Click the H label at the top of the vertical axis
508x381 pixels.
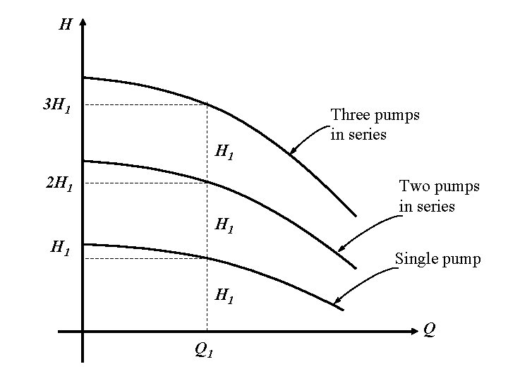coord(65,25)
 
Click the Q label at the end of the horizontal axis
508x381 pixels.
coord(428,328)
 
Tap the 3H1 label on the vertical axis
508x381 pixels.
coord(56,107)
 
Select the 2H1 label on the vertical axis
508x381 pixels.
coord(57,186)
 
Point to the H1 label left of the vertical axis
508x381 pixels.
coord(59,248)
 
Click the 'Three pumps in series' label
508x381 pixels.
coord(375,124)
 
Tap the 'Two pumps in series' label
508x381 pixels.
coord(439,196)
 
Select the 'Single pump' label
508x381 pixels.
coord(437,259)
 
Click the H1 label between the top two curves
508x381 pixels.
coord(225,151)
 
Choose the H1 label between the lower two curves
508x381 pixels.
coord(225,226)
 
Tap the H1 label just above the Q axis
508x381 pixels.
coord(225,296)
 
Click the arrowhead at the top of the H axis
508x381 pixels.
coord(83,24)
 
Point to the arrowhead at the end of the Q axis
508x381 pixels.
coord(416,330)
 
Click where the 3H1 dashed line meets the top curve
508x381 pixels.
coord(207,105)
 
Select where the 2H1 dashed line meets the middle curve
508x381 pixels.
coord(207,183)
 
